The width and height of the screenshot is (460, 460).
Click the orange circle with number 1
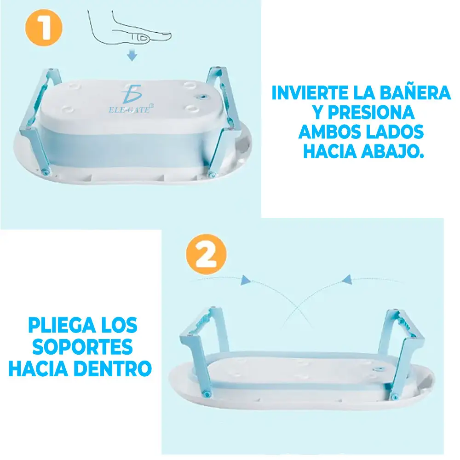pyautogui.click(x=44, y=28)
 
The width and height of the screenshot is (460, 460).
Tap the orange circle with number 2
pyautogui.click(x=206, y=254)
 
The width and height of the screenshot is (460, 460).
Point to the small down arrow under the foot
pyautogui.click(x=132, y=55)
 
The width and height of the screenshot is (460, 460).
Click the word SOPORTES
pyautogui.click(x=82, y=346)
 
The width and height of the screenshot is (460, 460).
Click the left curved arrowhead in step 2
pyautogui.click(x=245, y=280)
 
